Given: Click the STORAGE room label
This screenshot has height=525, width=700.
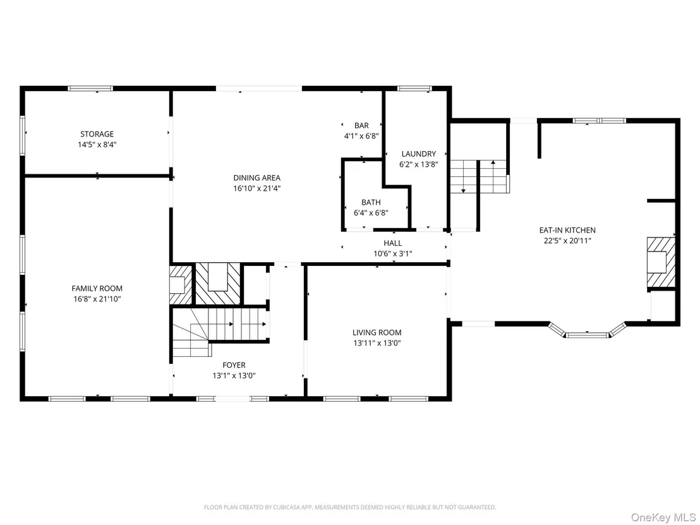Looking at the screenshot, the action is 97,134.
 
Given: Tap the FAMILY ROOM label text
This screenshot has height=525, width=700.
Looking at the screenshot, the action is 97,288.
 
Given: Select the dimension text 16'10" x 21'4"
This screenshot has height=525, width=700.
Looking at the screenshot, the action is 256,188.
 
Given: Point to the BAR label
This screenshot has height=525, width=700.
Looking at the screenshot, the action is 361,126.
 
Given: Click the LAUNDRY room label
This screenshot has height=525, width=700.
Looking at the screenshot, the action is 419,154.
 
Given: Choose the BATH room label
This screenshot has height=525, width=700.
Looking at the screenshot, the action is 371,202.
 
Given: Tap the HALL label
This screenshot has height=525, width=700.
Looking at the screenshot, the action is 393,243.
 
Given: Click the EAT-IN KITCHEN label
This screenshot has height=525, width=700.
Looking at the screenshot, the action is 567,230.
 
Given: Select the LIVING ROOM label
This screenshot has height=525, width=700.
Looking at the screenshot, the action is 377,332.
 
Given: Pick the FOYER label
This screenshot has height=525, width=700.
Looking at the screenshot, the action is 234,365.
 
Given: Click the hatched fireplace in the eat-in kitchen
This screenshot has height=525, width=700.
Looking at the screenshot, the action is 661,262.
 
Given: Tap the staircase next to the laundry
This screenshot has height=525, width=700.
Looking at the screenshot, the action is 480,176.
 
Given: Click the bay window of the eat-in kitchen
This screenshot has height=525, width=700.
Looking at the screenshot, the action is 587,332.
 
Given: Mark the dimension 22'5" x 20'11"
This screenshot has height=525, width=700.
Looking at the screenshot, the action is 567,241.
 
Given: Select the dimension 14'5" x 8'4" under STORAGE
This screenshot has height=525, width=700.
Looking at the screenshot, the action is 97,145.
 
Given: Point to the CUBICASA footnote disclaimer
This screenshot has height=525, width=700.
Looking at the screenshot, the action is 350,507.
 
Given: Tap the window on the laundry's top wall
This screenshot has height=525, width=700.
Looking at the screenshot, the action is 414,88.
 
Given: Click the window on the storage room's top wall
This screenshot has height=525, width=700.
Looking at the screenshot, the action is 90,88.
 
